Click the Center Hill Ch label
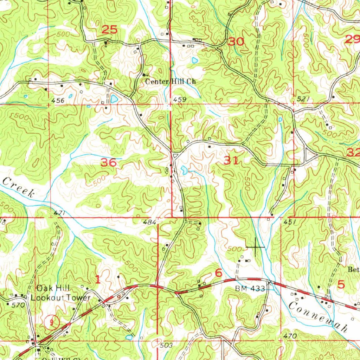click(x=171, y=81)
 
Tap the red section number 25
click(x=109, y=30)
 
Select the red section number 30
click(x=236, y=42)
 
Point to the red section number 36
click(x=108, y=163)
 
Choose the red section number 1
click(x=98, y=279)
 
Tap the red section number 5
click(x=341, y=284)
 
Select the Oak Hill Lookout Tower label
click(x=60, y=293)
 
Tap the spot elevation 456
click(x=58, y=101)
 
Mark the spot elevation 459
click(x=179, y=100)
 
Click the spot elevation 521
click(x=303, y=99)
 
